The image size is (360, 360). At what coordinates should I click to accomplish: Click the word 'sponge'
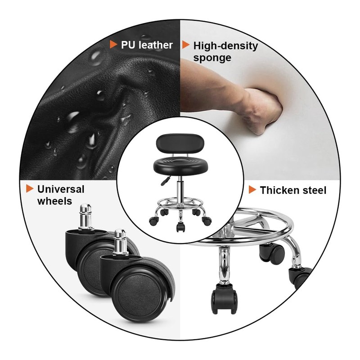(212, 58)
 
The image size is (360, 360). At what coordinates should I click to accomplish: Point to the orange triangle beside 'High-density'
(185, 45)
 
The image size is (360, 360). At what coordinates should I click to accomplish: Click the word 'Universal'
(61, 189)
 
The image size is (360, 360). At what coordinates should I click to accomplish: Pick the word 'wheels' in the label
(54, 201)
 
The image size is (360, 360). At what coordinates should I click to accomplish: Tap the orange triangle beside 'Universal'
(29, 189)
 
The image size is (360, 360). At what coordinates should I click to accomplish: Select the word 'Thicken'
(279, 190)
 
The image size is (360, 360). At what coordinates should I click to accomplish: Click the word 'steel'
(314, 190)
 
